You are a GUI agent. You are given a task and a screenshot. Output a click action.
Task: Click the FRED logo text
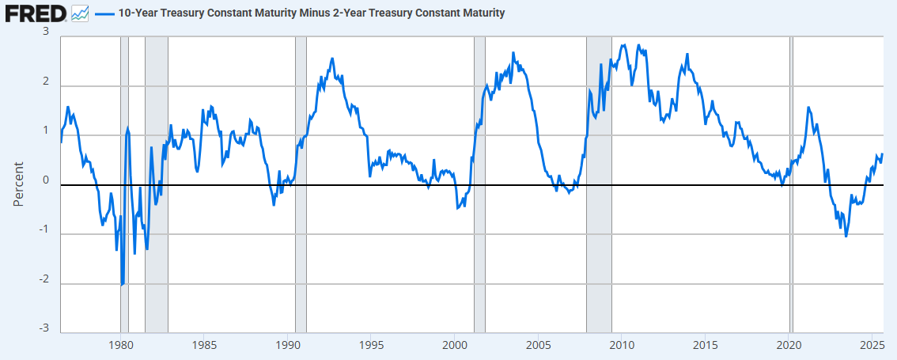36,13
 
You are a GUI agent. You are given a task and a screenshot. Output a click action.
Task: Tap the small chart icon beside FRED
80,13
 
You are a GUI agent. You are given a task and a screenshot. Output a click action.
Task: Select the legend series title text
311,13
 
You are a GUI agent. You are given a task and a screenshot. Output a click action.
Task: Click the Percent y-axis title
19,184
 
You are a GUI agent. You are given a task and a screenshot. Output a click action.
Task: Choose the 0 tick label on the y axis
47,181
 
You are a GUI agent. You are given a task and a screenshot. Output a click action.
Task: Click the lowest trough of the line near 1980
121,285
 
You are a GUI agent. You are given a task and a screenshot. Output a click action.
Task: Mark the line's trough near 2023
846,236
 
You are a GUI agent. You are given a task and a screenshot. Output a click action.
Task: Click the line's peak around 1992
331,59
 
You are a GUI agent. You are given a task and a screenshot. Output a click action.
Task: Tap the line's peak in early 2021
808,107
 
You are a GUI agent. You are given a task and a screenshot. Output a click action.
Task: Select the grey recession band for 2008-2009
599,184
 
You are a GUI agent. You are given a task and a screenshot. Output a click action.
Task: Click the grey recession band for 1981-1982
156,184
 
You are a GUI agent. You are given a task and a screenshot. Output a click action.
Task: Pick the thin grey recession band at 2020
791,184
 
